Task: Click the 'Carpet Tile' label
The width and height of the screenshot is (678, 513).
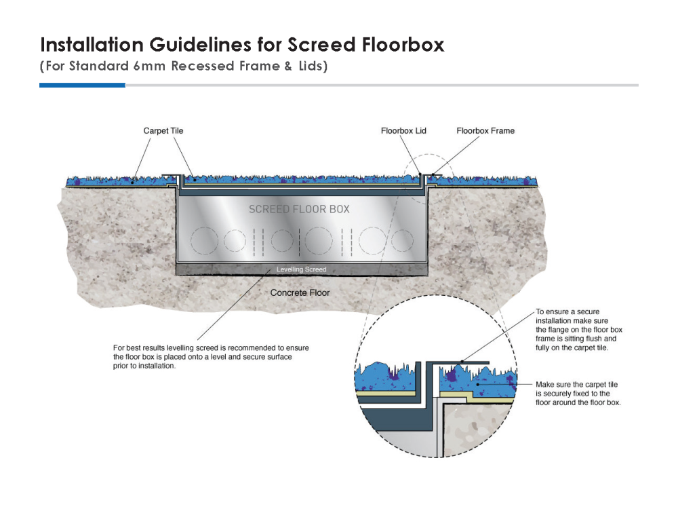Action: [x=163, y=130]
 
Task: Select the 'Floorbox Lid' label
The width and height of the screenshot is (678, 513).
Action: [x=403, y=130]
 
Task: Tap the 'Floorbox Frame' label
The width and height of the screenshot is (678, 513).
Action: [x=485, y=130]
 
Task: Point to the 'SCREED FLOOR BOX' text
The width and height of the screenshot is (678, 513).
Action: [x=299, y=209]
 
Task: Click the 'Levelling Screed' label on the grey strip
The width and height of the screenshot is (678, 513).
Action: [x=301, y=269]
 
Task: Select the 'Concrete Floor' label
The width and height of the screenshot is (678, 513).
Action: [x=300, y=292]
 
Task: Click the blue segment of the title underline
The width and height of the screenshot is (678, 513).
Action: [x=82, y=85]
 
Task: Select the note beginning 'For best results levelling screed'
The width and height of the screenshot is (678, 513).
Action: [x=212, y=356]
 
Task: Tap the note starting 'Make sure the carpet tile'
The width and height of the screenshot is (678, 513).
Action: [x=578, y=393]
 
